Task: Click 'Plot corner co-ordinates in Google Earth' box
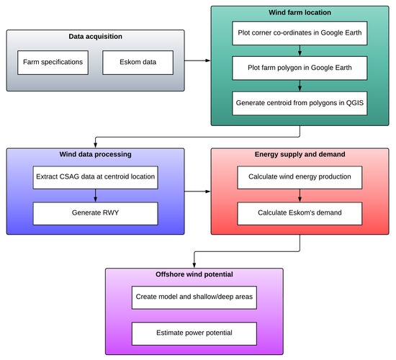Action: click(300, 32)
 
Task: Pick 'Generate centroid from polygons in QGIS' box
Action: click(300, 103)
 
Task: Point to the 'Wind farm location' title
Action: click(300, 13)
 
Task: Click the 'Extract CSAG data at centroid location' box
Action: click(95, 177)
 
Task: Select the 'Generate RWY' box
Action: click(95, 212)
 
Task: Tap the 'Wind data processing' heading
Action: click(95, 155)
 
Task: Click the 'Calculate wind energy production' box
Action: click(300, 177)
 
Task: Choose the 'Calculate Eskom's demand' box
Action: click(300, 212)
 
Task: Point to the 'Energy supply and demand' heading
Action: click(300, 155)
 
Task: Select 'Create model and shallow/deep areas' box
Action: click(194, 297)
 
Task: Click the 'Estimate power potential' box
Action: click(194, 333)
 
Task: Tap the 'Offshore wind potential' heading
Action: click(194, 275)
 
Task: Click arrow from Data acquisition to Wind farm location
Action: click(197, 60)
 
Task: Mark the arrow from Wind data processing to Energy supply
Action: click(197, 192)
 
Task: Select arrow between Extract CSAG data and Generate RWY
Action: click(95, 195)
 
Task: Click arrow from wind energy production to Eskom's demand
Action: click(300, 195)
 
